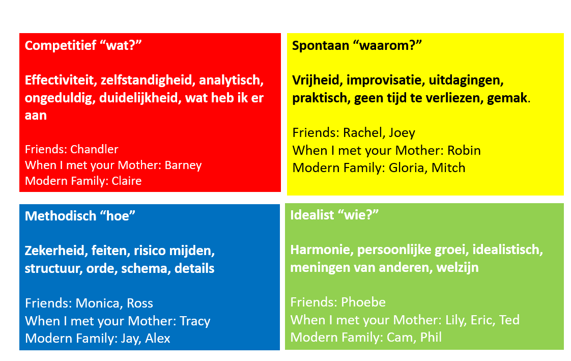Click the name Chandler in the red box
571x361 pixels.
tap(94, 149)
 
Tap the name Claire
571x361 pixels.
tap(126, 181)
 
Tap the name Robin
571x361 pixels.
tap(464, 150)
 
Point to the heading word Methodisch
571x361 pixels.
tap(61, 216)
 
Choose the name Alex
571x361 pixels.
tap(158, 339)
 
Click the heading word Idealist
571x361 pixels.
tap(312, 215)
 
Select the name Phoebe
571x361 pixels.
tap(363, 302)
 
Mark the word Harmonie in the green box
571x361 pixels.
tap(322, 250)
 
